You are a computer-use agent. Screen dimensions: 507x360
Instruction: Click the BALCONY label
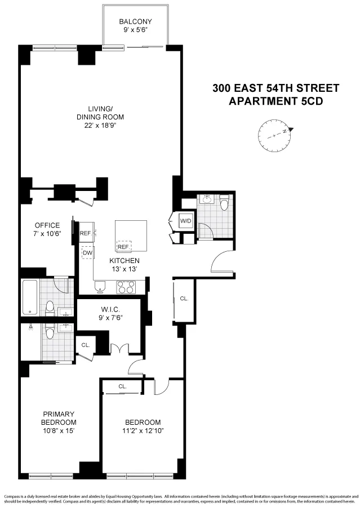click(135, 22)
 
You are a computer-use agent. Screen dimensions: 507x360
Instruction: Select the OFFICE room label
click(47, 225)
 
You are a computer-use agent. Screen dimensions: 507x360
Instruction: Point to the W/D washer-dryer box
click(186, 221)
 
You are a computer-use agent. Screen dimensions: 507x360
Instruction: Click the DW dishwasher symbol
click(87, 253)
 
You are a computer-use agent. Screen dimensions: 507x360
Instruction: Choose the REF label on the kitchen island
click(122, 247)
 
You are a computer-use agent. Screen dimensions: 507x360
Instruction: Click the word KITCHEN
click(125, 261)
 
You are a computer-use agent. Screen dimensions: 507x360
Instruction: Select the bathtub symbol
click(29, 297)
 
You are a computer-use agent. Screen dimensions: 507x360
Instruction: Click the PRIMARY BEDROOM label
click(58, 417)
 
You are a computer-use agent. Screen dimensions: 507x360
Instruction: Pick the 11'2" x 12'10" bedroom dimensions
click(143, 431)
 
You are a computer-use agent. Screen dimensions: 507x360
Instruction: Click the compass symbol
click(274, 135)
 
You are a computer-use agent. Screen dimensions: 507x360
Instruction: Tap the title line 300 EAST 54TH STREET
click(275, 88)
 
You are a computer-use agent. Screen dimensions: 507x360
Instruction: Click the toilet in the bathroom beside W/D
click(224, 203)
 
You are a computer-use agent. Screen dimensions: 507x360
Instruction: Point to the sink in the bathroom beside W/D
click(207, 200)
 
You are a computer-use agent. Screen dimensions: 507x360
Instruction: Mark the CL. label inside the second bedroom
click(123, 386)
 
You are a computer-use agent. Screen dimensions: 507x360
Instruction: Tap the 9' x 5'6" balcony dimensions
click(135, 31)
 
